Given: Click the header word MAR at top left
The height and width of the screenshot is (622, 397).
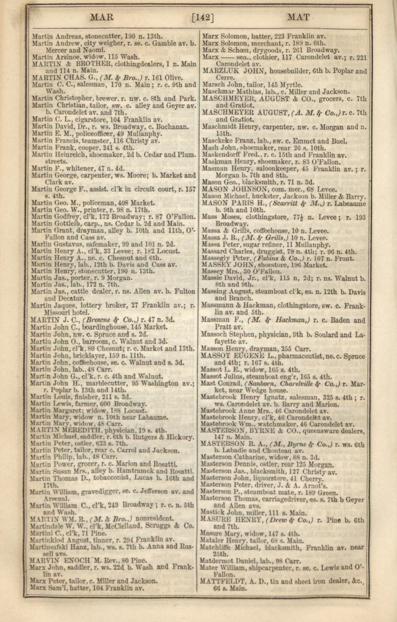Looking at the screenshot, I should pos(101,17).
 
